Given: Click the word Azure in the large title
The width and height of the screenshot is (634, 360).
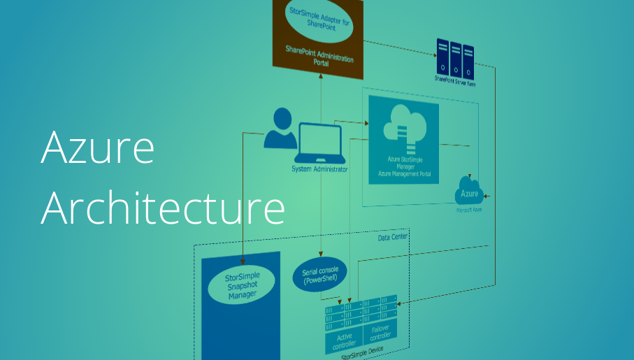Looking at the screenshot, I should tap(97, 147).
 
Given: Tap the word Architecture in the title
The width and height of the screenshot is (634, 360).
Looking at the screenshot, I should tap(162, 208).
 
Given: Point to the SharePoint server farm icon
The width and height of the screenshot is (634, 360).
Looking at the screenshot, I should tap(455, 57).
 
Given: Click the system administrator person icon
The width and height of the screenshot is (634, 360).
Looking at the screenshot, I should tap(280, 128).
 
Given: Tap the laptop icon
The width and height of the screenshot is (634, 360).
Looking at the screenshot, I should tap(320, 144).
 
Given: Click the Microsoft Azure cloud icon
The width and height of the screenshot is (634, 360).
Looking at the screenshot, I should tap(469, 190).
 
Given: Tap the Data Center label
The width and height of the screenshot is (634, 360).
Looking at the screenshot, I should tap(392, 237).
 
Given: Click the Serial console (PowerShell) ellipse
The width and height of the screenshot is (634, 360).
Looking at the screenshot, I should tap(320, 274).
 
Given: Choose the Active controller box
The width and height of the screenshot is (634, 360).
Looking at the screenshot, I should tap(343, 339).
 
